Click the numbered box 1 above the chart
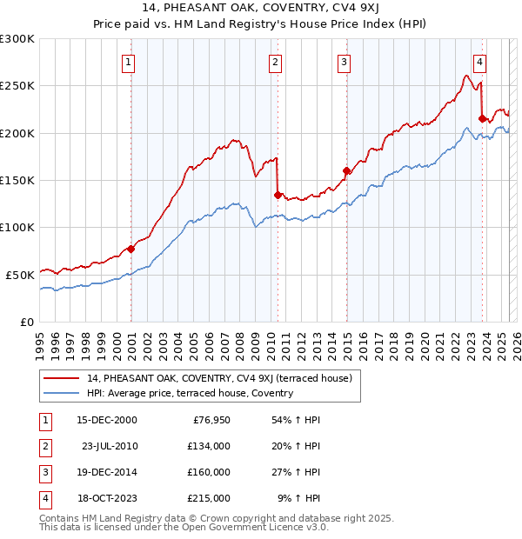[x=128, y=62]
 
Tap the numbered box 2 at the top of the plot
[x=275, y=62]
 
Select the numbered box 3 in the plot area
[x=345, y=62]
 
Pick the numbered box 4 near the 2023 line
[x=479, y=62]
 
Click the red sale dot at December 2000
[x=130, y=249]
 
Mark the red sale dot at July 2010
[x=278, y=195]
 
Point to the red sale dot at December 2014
[x=346, y=170]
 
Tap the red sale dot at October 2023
[x=482, y=118]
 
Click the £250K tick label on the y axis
[x=17, y=86]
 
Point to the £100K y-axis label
[x=17, y=227]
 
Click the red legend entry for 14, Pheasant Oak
[x=219, y=378]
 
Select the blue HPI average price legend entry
[x=190, y=393]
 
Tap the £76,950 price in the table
[x=209, y=420]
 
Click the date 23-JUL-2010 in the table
[x=110, y=446]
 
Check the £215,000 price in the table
[x=209, y=498]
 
